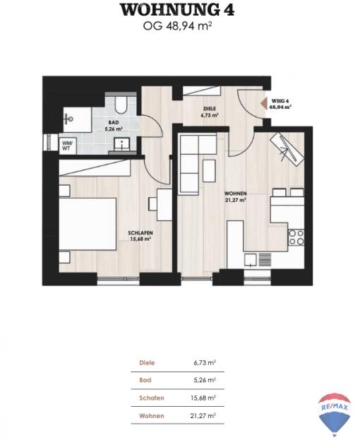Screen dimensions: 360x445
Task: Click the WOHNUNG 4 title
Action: (x=177, y=10)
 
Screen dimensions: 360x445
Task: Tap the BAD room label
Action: (x=114, y=122)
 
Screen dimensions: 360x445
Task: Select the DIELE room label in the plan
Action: (x=210, y=109)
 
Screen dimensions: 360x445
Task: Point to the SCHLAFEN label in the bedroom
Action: (x=140, y=232)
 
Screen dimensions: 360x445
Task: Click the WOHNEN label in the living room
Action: (x=235, y=194)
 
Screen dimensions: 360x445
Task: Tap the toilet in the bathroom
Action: (x=121, y=105)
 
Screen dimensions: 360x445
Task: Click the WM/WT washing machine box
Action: (x=68, y=146)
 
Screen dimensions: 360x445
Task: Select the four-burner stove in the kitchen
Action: (x=296, y=237)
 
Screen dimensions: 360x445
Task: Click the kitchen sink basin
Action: (x=251, y=259)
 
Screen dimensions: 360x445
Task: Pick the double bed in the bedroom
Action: (x=88, y=224)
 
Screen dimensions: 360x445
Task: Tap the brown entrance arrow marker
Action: (x=264, y=103)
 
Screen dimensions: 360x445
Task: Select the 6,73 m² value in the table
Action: (x=205, y=362)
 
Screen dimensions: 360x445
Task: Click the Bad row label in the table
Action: (x=145, y=380)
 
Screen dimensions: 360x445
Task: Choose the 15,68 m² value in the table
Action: (x=203, y=398)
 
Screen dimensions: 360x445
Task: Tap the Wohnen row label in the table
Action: (x=152, y=416)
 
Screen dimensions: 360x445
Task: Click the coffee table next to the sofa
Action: (x=210, y=171)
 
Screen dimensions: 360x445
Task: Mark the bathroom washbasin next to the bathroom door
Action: (x=122, y=144)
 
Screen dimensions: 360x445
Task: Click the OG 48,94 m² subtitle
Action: (x=178, y=26)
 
